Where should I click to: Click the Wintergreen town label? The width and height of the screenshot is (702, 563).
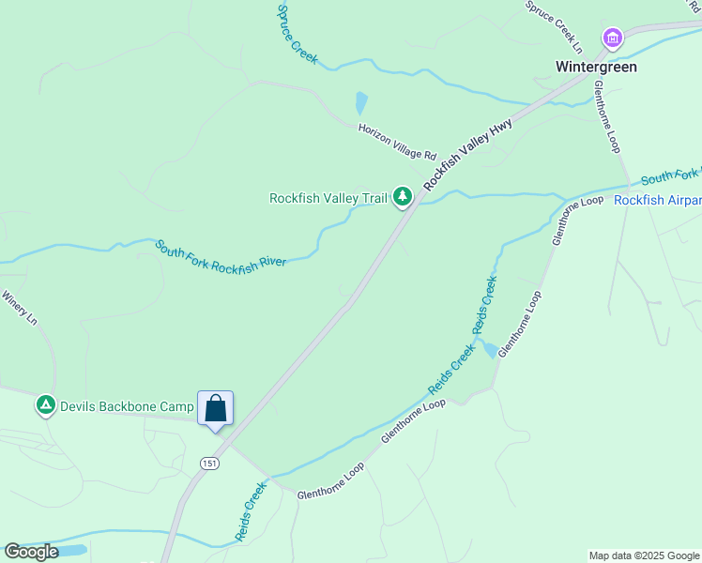pos(596,67)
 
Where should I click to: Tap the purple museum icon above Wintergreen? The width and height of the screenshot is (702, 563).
pos(613,38)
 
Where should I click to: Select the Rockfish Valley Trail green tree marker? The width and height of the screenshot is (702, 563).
pos(403,197)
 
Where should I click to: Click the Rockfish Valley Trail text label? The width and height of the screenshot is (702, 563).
pos(328,198)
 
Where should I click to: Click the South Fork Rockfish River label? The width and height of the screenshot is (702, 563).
pos(221,253)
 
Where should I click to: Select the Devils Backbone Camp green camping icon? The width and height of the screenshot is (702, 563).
pos(45,406)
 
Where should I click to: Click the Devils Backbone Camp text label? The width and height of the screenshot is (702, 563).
pos(127,406)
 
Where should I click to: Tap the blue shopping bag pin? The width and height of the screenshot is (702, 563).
pos(215,409)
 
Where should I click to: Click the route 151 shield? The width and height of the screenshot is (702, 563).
pos(209,464)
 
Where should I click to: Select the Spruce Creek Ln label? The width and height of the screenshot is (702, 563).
pos(555,26)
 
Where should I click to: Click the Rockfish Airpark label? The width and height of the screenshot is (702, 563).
pos(657,200)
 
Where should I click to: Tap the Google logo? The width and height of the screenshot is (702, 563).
pos(31,552)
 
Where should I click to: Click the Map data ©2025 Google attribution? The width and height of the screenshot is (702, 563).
pos(645,555)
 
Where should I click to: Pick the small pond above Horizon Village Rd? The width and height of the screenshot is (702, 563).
pos(361,102)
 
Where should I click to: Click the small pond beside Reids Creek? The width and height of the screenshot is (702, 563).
pos(488,350)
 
